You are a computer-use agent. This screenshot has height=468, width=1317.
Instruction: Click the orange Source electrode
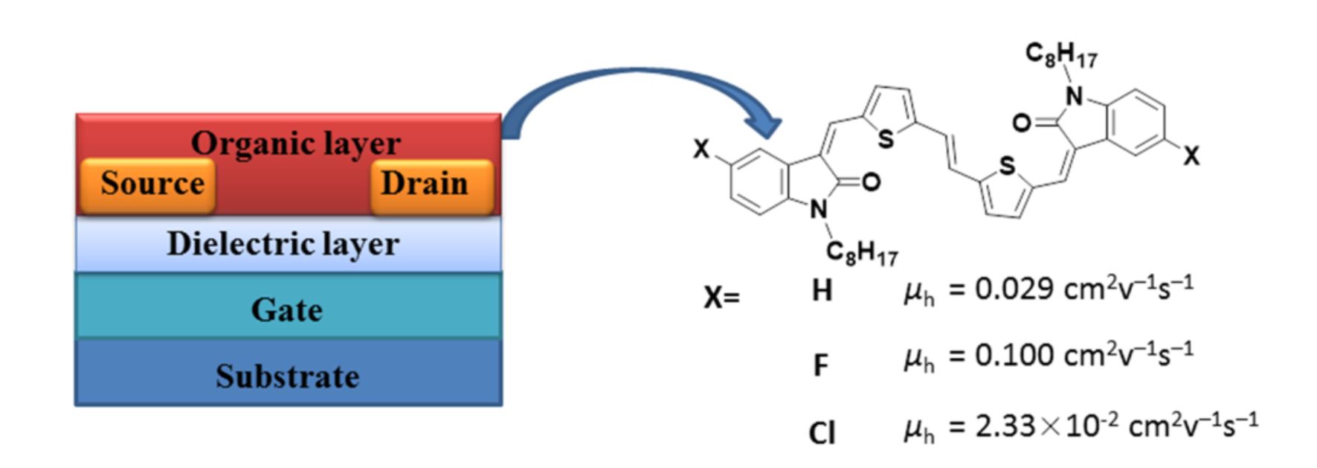149,184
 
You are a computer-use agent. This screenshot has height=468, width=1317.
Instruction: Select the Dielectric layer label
283,244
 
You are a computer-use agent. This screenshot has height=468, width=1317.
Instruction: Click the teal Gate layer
288,309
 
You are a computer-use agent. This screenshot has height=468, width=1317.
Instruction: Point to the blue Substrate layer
288,376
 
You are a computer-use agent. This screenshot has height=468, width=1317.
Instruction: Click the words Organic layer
295,143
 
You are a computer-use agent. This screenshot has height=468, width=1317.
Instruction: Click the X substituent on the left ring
701,150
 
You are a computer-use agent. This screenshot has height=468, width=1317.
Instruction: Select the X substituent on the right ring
1191,156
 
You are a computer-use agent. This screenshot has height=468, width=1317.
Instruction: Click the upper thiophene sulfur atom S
885,138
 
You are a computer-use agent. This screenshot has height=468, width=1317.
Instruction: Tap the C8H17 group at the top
1061,54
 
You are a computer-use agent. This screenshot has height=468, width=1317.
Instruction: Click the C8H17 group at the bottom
862,253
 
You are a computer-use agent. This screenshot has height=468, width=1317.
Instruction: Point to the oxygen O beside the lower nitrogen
872,182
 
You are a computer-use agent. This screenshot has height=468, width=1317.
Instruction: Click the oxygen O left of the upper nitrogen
1022,123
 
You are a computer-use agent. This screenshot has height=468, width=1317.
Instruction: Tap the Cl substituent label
822,432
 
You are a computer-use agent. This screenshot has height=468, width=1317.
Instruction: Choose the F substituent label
820,365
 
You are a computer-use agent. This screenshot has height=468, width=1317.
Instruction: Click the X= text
721,298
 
